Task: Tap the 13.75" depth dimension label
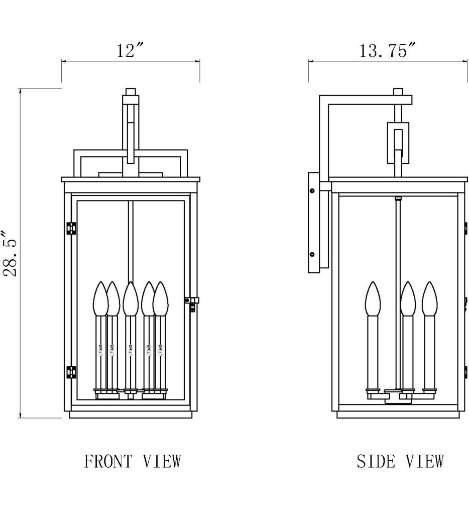(x=388, y=51)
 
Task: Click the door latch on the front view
(x=191, y=301)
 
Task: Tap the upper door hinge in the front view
(x=71, y=228)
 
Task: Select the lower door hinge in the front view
(x=71, y=372)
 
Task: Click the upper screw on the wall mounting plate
(x=312, y=191)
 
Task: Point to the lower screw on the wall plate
(x=312, y=255)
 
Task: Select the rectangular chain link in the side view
(x=398, y=143)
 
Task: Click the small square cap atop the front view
(x=131, y=92)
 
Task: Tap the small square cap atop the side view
(x=398, y=92)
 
